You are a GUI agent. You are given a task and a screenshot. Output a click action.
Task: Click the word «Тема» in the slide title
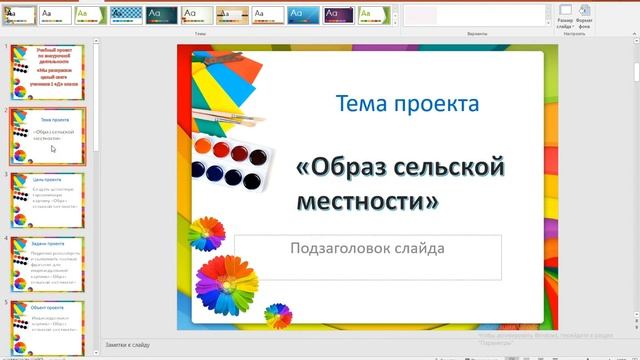coord(361,103)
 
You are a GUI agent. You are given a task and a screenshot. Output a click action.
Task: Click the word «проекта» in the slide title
coord(434,103)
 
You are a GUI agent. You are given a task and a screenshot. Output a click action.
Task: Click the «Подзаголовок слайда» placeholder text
coord(367,248)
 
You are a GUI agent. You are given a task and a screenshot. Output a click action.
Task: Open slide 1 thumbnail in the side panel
coord(47,71)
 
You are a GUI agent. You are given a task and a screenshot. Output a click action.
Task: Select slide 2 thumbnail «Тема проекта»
coord(47,136)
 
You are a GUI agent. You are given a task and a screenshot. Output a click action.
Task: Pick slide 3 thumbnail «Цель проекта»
coord(47,200)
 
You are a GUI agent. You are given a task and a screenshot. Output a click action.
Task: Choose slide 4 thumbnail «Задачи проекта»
coord(47,264)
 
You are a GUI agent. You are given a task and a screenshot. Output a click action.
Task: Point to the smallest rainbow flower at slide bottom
coord(277,316)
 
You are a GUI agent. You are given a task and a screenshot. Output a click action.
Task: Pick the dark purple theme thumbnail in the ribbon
coord(161,15)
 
